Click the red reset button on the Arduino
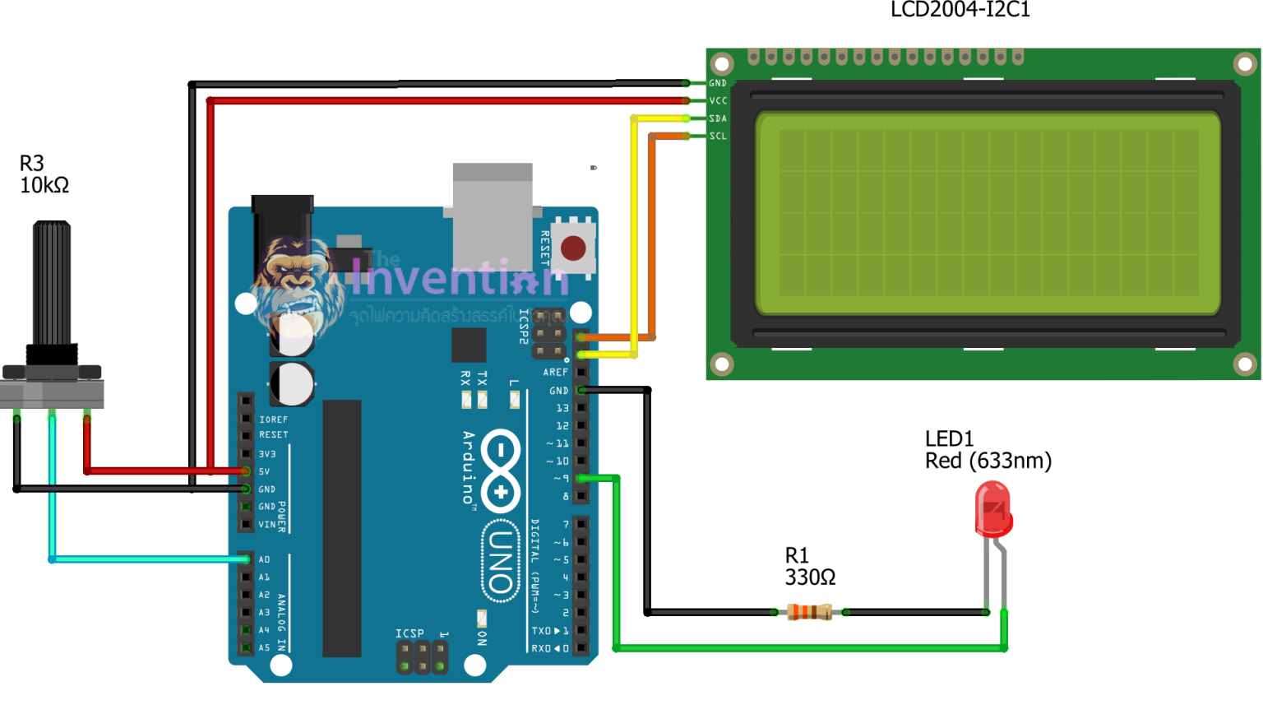(572, 248)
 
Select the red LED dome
(992, 508)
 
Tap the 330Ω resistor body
(809, 612)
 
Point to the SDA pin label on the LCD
(718, 118)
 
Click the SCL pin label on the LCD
(718, 137)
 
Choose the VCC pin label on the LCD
(718, 101)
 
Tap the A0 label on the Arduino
(264, 559)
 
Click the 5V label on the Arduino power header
(264, 471)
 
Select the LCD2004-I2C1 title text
(960, 10)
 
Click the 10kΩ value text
(44, 186)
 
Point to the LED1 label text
(949, 438)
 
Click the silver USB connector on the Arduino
(492, 216)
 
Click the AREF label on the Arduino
(555, 373)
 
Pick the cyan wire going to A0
(148, 559)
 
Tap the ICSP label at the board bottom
(409, 633)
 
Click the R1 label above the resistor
(797, 555)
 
